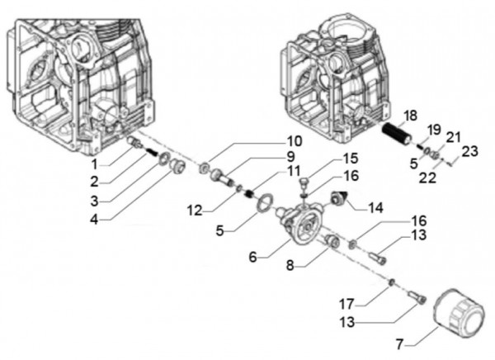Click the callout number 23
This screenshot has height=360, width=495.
click(469, 151)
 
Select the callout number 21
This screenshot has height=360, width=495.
click(453, 136)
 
